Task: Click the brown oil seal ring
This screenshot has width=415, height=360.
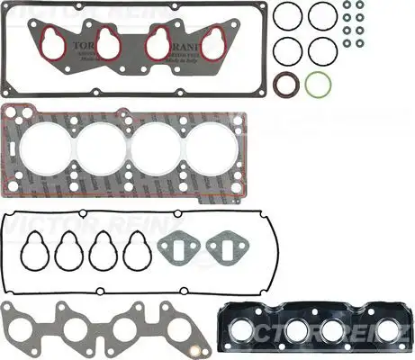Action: [288, 85]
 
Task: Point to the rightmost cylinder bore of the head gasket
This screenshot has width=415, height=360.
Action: [211, 147]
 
